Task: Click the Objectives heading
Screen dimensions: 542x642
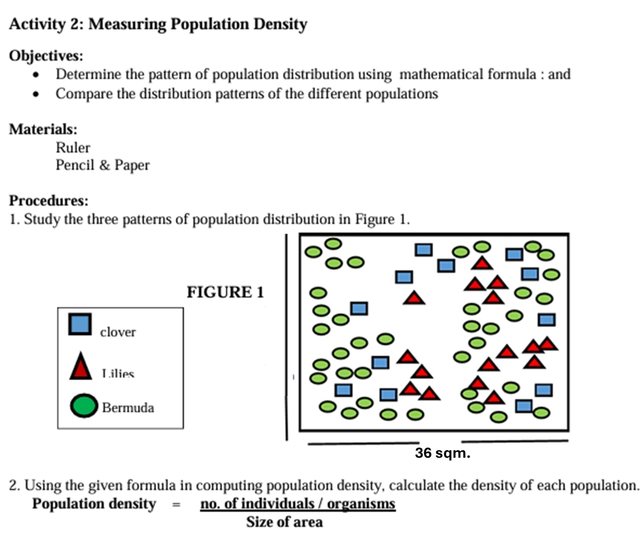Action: (x=46, y=55)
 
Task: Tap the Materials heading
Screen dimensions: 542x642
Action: (x=43, y=129)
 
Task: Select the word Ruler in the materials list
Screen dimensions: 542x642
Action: (x=73, y=148)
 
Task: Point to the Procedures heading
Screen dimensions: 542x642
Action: (x=48, y=201)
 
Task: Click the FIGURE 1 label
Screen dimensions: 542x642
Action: (x=225, y=292)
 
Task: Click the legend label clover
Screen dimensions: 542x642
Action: (x=118, y=332)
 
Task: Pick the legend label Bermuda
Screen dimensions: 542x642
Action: (x=128, y=407)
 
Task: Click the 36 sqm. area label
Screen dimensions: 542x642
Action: (x=442, y=453)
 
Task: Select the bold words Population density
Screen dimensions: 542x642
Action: (x=94, y=504)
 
